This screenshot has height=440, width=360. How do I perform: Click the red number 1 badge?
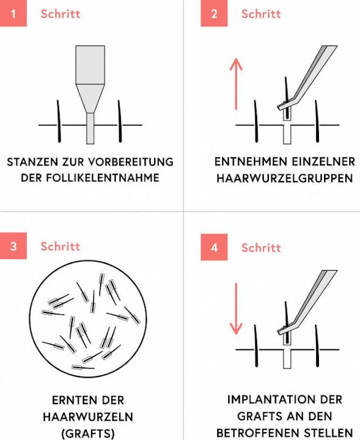[13, 14]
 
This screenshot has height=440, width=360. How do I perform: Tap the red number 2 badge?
[214, 14]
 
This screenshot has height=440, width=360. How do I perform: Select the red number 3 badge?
[13, 246]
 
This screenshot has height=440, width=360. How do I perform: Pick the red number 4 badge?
[214, 248]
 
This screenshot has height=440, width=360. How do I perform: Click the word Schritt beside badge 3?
[60, 246]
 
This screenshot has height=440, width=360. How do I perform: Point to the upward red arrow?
[236, 84]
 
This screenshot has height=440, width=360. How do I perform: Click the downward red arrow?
[236, 309]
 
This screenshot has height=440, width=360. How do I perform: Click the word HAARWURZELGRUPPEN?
[285, 178]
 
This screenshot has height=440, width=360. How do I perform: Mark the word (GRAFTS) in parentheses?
[88, 434]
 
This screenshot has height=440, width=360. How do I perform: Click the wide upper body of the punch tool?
[90, 65]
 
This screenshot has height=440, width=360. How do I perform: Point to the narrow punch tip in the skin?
[90, 128]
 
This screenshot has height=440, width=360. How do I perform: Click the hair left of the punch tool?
[58, 121]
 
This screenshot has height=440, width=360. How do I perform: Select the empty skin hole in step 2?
[287, 134]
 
